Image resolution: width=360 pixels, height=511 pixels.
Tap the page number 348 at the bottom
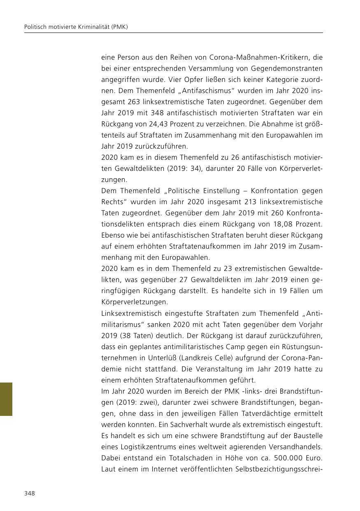tap(30, 493)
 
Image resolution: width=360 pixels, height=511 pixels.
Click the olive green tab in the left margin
tap(6, 399)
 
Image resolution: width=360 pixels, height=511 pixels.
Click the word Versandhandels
tap(295, 447)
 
